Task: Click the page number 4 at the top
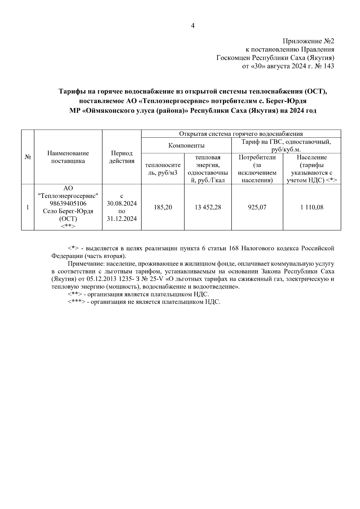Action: click(x=193, y=26)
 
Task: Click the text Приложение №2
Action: click(x=308, y=41)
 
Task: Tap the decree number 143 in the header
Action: click(x=329, y=66)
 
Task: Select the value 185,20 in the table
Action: click(x=163, y=207)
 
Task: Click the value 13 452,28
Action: click(x=208, y=207)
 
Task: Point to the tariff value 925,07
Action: click(x=257, y=207)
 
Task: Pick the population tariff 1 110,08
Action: click(x=312, y=207)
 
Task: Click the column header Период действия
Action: click(x=121, y=157)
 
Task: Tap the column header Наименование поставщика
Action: click(x=68, y=157)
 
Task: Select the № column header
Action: click(x=28, y=157)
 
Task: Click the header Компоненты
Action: click(x=186, y=146)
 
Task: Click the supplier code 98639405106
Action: click(x=68, y=204)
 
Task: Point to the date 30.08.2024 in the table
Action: click(x=121, y=204)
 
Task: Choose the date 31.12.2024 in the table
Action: click(x=121, y=219)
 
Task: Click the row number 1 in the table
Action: click(x=28, y=207)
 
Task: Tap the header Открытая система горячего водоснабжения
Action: click(x=241, y=134)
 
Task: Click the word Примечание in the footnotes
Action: click(x=83, y=264)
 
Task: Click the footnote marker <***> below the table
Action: click(x=76, y=302)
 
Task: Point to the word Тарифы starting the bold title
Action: click(x=70, y=91)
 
